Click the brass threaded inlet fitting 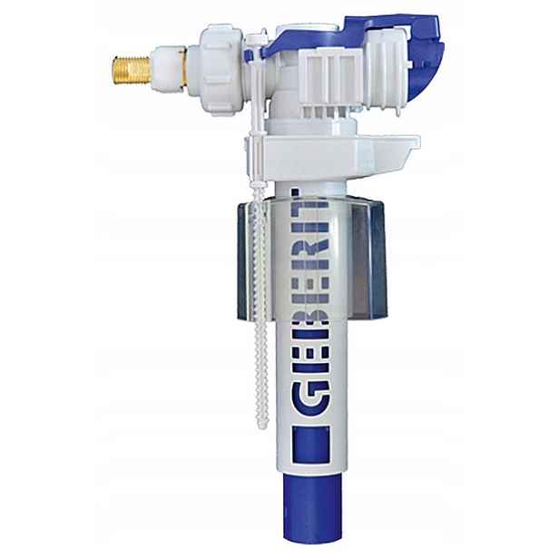(x=132, y=69)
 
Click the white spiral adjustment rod (x=260, y=303)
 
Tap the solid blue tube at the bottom (x=312, y=506)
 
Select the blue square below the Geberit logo (x=310, y=445)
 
